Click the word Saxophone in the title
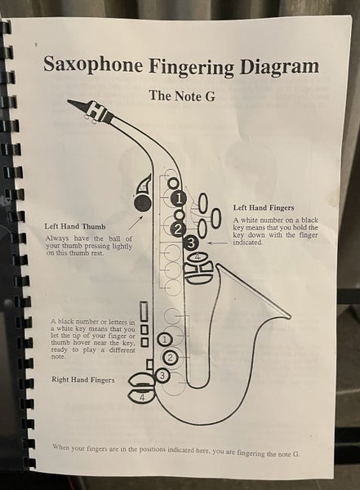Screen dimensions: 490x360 91,65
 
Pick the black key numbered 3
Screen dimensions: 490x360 191,242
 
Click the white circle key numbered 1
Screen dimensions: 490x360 164,338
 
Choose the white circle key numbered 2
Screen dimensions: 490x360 171,357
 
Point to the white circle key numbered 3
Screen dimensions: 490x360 162,375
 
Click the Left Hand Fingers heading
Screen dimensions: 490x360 264,207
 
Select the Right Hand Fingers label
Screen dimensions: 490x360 82,380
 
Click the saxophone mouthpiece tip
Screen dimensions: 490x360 71,101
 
